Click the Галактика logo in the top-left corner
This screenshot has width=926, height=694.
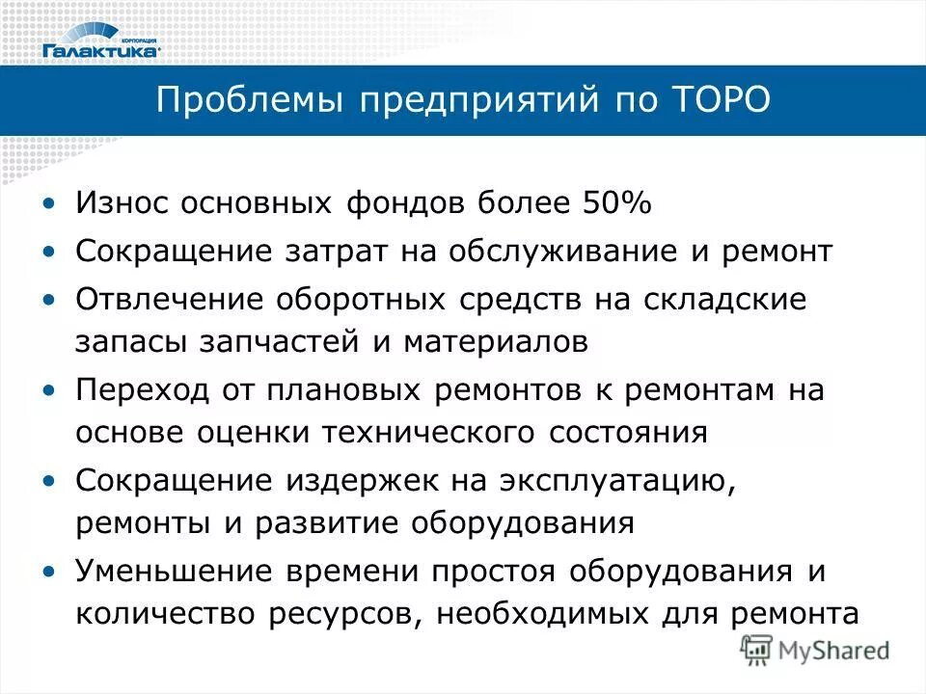pos(100,42)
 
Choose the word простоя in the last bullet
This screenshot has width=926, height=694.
pos(494,570)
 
